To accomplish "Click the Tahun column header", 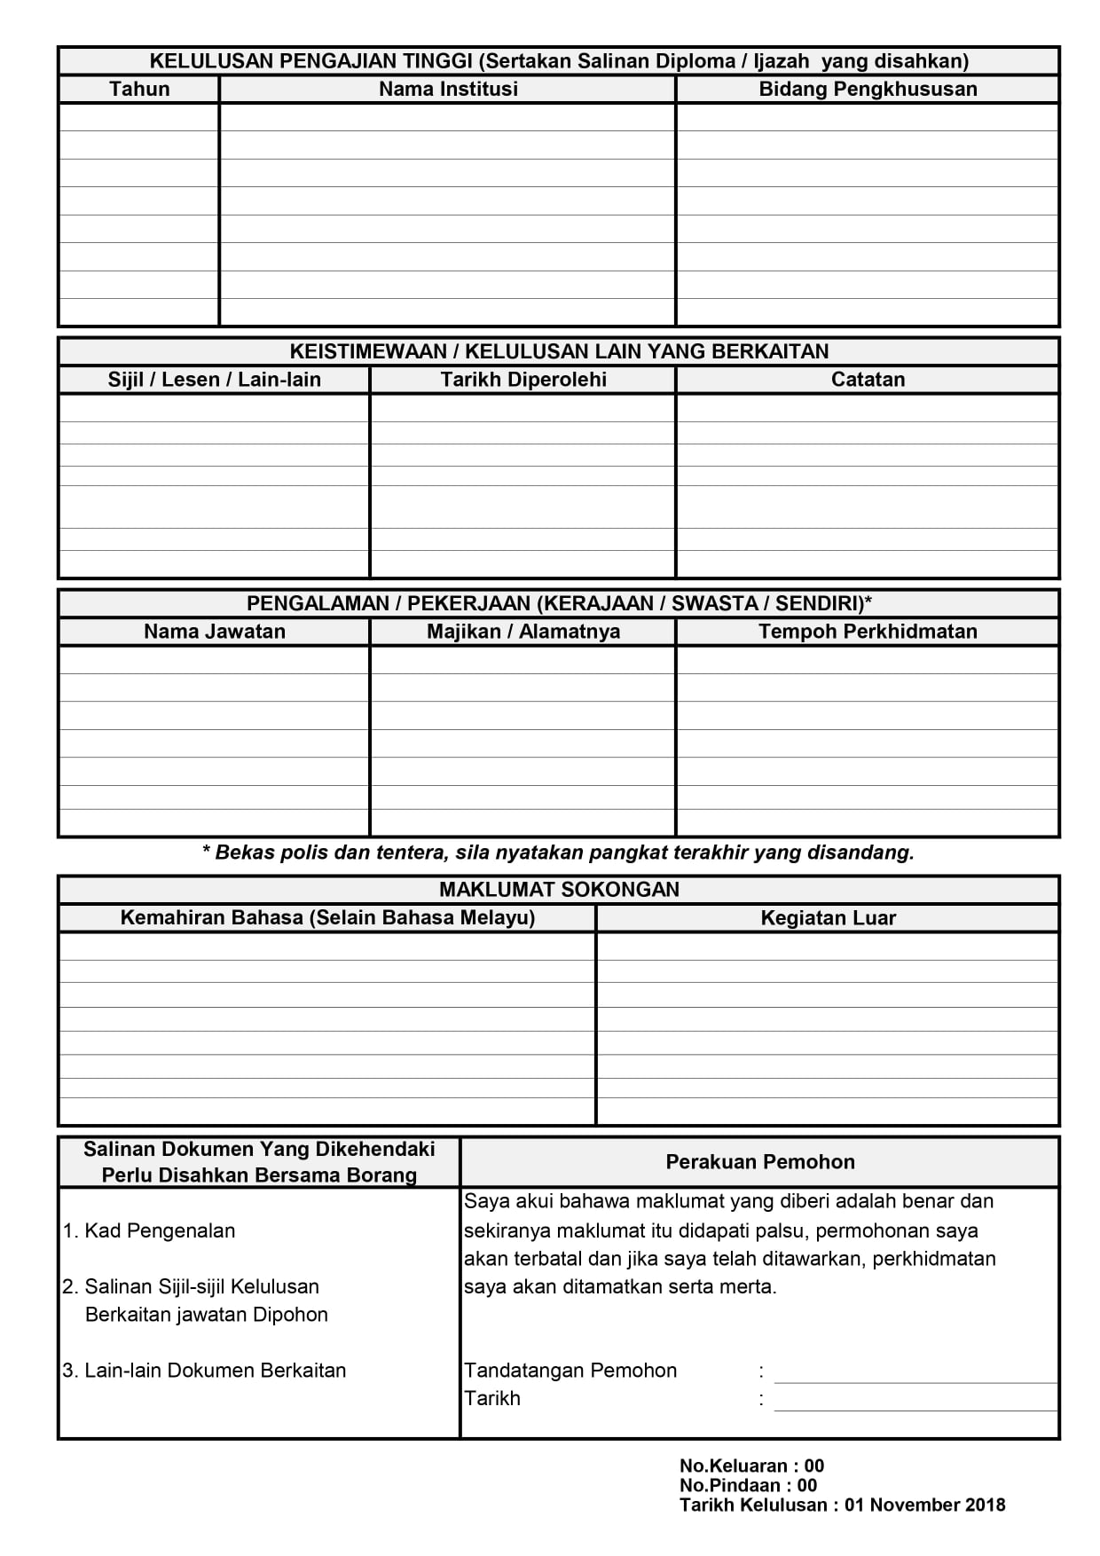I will (139, 89).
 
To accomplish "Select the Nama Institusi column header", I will (448, 89).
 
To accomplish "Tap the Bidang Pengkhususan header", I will (868, 89).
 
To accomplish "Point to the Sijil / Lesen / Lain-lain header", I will (214, 380).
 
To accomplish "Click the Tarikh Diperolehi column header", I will (523, 380).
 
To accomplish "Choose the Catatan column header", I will (868, 380).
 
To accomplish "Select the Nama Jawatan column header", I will (214, 632).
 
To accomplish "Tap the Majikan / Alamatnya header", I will (523, 632).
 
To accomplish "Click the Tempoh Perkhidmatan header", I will (868, 632).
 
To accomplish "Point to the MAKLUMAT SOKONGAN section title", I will (559, 890).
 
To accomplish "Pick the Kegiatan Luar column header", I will (828, 918).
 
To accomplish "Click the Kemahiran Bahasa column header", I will (327, 918).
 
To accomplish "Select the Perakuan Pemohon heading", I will (760, 1162).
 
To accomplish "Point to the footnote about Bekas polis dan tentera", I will (559, 853).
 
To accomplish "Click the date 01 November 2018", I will (924, 1505).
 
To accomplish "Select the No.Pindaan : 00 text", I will (748, 1486).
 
